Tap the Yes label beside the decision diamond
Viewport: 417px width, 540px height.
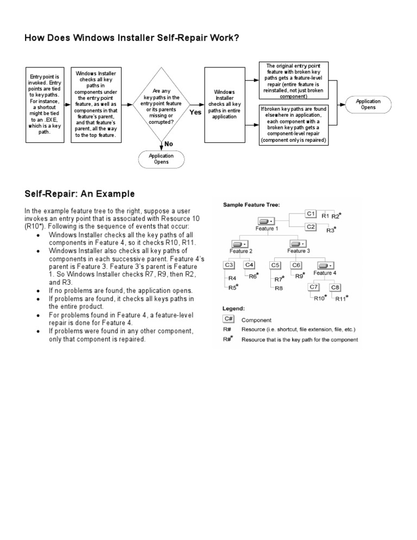[x=196, y=112]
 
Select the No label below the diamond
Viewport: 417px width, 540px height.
[x=169, y=145]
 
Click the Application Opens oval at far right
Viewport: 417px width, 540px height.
[x=368, y=104]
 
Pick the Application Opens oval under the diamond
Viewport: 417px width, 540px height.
[x=161, y=159]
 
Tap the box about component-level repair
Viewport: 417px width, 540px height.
[x=293, y=124]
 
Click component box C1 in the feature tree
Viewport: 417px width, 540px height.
[x=311, y=214]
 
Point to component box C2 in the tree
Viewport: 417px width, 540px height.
[x=311, y=227]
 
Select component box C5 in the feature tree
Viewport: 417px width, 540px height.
[x=276, y=265]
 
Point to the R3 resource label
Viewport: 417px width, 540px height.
[x=330, y=231]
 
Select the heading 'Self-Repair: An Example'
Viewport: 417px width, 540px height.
[x=80, y=194]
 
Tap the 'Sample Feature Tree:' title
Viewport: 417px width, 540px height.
[x=251, y=204]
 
